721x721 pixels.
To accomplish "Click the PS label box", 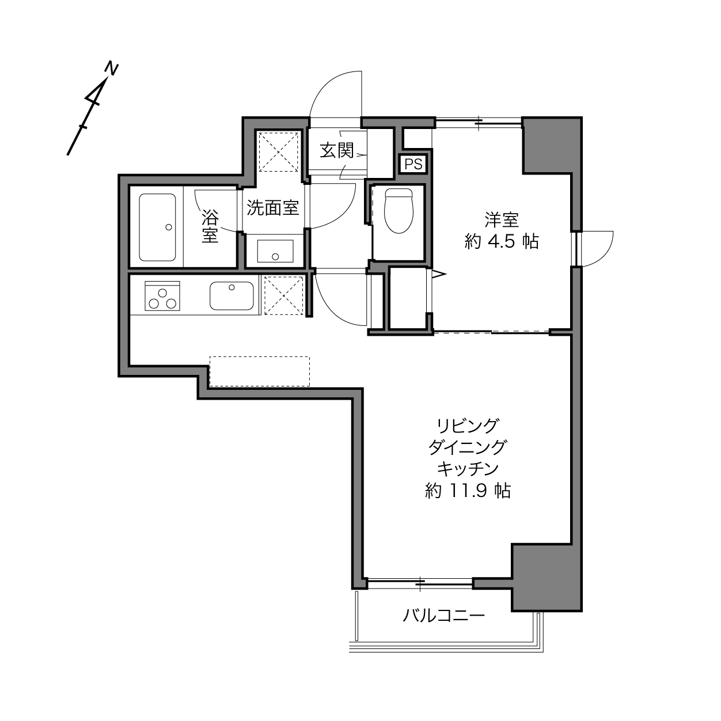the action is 413,164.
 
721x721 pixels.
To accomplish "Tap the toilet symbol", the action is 399,211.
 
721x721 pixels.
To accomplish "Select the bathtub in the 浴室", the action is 157,227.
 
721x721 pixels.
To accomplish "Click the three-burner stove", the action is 162,295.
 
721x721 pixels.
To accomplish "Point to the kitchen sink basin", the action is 232,295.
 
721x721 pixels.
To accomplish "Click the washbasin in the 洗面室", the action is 275,251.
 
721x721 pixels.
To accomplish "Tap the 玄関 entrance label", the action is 336,151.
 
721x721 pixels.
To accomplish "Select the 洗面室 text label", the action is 273,208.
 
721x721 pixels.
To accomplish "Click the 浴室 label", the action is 210,226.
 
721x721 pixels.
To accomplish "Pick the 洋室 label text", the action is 502,220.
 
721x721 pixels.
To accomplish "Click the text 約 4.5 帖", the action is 502,242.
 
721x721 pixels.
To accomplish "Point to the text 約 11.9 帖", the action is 468,490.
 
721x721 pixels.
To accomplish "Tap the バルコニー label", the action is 443,615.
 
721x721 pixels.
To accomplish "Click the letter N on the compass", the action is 111,69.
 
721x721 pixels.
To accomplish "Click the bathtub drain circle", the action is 169,227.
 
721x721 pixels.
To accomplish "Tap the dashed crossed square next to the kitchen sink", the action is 283,295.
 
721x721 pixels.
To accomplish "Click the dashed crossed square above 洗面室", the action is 278,151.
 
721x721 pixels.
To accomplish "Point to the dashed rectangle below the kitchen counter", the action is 260,371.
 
